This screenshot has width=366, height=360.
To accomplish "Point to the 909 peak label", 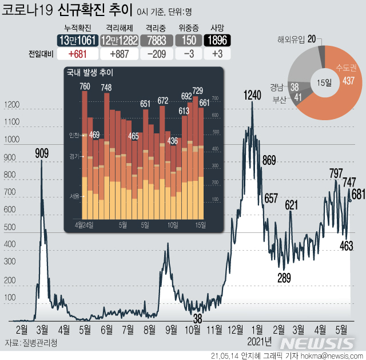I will coord(42,153).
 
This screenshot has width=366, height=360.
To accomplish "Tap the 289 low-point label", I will coord(284,278).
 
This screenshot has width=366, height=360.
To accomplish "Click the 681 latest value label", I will coord(358,195).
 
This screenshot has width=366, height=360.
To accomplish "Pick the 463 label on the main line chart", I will coord(346,246).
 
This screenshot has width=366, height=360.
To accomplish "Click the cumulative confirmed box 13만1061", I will coord(76,41).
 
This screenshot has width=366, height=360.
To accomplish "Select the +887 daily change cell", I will coord(118,55).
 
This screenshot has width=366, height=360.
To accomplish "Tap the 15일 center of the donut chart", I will coord(324,81).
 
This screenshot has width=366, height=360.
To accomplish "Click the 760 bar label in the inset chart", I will coord(85,87).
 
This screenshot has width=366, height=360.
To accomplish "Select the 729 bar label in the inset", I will coord(197,90).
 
